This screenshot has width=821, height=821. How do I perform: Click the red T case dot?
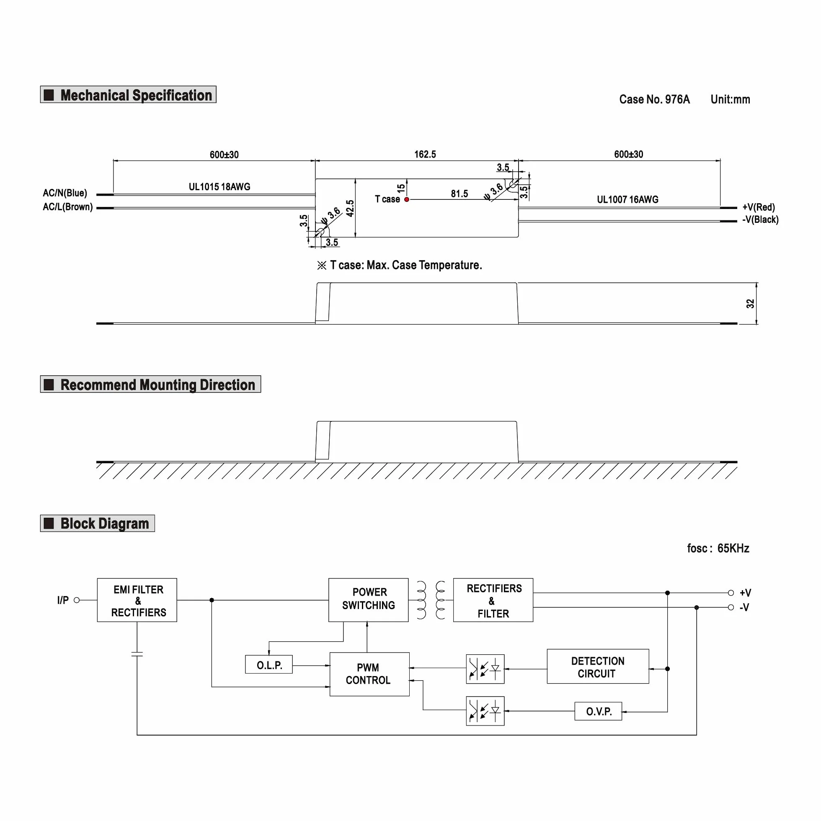[407, 199]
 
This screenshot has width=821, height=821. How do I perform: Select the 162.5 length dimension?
[425, 154]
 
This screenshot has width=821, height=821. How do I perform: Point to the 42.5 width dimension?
[350, 208]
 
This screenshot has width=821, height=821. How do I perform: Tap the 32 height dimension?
[750, 303]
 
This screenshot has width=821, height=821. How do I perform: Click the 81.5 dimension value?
[460, 194]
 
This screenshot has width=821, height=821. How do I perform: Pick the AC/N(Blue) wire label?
[65, 193]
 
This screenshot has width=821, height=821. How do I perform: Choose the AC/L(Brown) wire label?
[68, 207]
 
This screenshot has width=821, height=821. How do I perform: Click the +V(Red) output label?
[759, 207]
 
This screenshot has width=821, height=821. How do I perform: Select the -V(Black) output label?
[760, 219]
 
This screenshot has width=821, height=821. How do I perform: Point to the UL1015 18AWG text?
[219, 186]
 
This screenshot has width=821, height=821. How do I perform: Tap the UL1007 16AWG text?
[627, 199]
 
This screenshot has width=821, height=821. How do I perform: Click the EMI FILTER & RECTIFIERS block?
[137, 600]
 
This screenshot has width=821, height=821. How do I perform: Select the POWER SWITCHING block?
[369, 600]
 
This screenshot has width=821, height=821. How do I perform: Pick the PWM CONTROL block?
[370, 674]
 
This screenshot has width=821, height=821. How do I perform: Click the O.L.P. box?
[269, 665]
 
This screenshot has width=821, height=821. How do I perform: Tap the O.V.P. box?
[598, 711]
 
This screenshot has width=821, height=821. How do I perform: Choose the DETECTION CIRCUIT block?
[598, 666]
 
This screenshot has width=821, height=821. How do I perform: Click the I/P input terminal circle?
[77, 600]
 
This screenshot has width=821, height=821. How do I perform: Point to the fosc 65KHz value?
[718, 548]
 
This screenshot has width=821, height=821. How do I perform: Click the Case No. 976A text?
[654, 99]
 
